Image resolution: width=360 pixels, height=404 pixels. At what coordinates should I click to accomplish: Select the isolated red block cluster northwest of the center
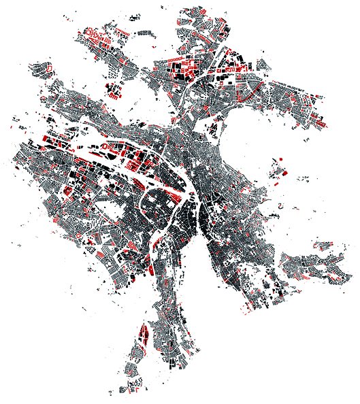coord(113,91)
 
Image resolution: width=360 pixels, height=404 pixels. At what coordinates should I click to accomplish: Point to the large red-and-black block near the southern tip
coord(144,335)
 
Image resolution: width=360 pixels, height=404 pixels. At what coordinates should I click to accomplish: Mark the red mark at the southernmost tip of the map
coord(135,392)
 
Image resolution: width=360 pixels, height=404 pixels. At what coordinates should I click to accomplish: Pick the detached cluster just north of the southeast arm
coord(319,244)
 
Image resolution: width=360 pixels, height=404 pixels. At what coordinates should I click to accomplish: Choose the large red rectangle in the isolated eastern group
coord(281,171)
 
